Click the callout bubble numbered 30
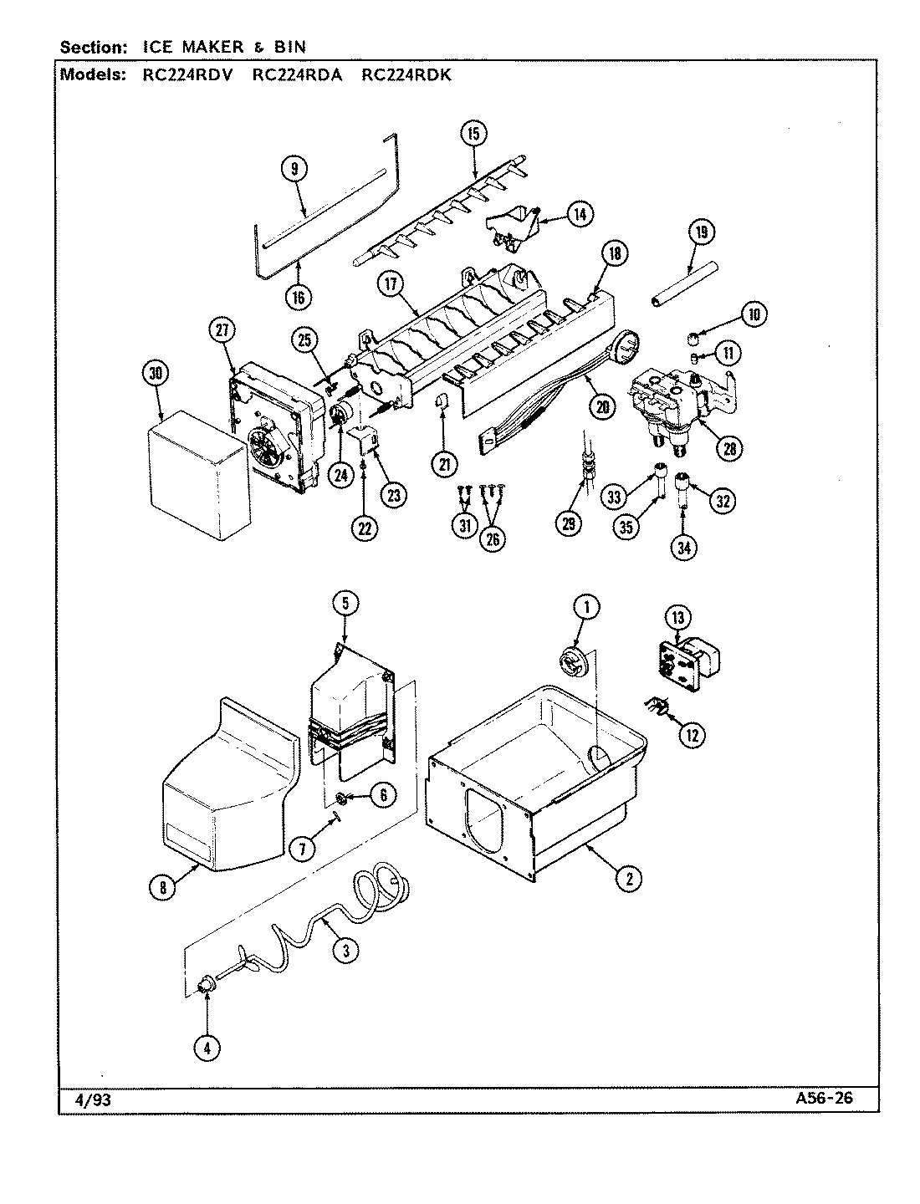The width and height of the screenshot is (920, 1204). click(x=155, y=375)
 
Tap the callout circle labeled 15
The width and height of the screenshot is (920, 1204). click(x=473, y=133)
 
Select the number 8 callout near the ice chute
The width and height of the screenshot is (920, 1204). click(x=164, y=888)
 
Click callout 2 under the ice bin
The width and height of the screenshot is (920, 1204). click(x=629, y=877)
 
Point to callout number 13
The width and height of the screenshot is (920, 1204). click(x=677, y=618)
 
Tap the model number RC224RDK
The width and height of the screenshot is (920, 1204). click(x=406, y=74)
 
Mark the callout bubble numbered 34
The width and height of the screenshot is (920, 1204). click(x=685, y=547)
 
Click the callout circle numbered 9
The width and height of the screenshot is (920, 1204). click(x=294, y=169)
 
